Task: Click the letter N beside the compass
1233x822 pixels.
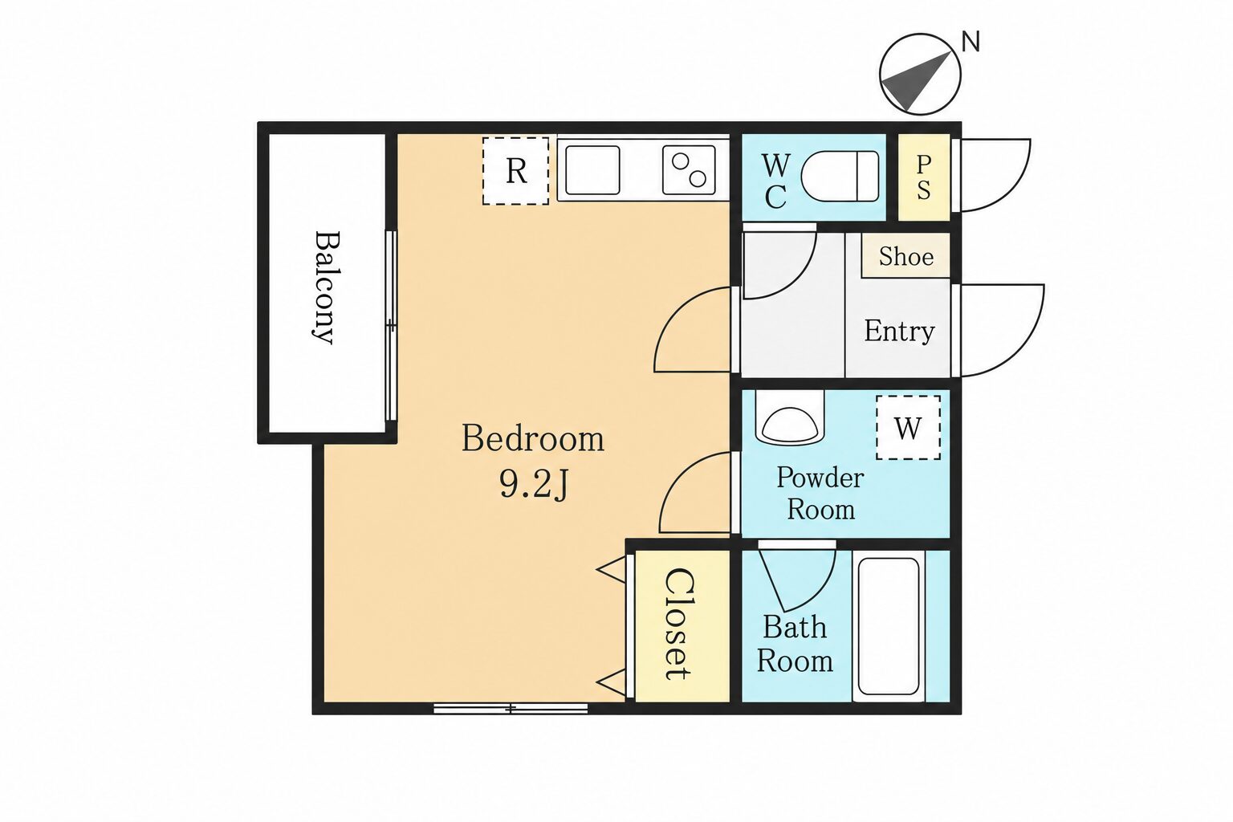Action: [x=971, y=42]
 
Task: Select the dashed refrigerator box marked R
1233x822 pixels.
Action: [x=516, y=171]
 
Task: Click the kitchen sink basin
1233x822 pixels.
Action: [x=592, y=170]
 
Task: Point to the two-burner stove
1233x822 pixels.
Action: [x=689, y=169]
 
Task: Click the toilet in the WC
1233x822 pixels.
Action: [x=840, y=176]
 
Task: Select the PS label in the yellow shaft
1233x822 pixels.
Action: [x=924, y=177]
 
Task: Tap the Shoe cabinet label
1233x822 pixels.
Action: [x=906, y=257]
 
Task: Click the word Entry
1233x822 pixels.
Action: [x=899, y=331]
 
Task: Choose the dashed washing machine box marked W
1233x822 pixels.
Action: [x=908, y=427]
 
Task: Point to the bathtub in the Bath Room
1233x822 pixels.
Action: [x=889, y=626]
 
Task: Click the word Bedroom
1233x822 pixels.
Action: [x=533, y=439]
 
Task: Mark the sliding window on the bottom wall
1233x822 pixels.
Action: [x=511, y=709]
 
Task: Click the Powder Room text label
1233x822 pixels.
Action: [x=820, y=494]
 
